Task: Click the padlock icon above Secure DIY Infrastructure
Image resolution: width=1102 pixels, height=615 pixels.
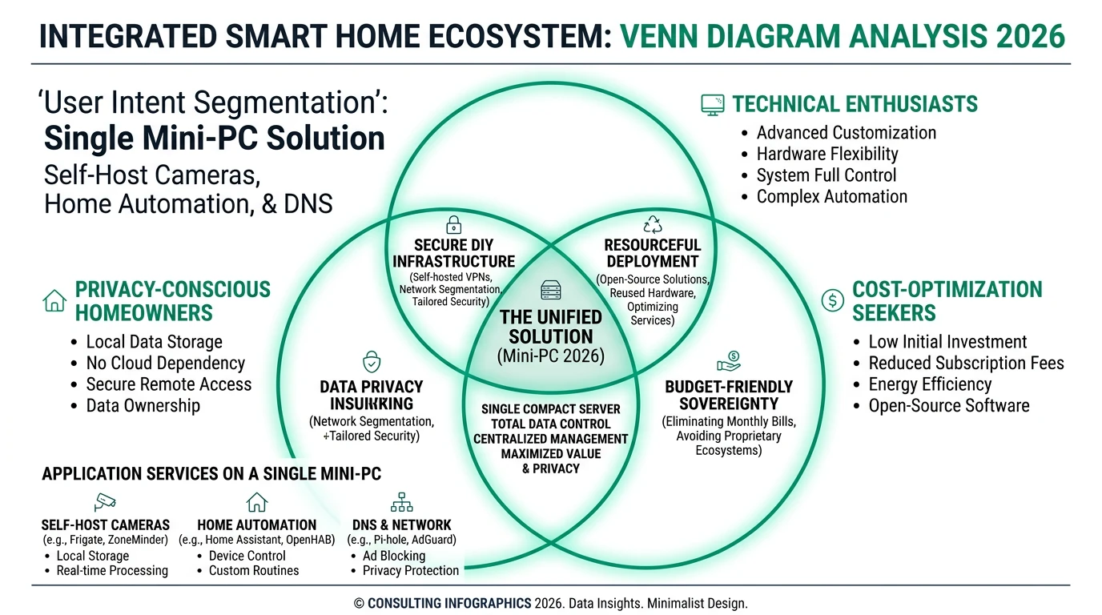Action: coord(453,224)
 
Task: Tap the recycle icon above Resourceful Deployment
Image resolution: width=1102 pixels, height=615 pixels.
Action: coord(653,224)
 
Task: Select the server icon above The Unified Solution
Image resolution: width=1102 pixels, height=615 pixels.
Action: coord(551,290)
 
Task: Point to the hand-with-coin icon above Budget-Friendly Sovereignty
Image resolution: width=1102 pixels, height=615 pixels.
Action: coord(729,362)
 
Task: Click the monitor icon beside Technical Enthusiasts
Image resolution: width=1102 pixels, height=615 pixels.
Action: coord(712,104)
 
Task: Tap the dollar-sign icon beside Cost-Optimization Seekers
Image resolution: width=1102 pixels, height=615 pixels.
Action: coord(833,300)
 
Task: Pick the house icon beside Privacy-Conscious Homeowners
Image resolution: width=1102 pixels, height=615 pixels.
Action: coord(54,300)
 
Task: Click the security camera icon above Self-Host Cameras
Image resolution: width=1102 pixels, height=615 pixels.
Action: coord(105,502)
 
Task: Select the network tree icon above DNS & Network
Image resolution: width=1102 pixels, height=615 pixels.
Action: coord(401,502)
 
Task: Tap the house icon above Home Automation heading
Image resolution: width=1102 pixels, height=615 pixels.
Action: coord(257,502)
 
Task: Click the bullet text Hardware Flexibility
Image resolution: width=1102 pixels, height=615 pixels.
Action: coord(827,154)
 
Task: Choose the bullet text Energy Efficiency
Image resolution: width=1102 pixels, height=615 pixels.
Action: coord(930,384)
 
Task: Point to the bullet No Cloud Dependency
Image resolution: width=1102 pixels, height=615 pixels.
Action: coord(165,364)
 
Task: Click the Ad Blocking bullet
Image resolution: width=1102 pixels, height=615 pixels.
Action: coord(394,556)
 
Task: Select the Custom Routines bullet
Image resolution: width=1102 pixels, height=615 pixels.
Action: coord(253,571)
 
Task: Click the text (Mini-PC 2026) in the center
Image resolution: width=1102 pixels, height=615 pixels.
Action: coord(551,356)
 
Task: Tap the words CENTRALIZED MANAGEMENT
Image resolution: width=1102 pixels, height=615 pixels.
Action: coord(551,439)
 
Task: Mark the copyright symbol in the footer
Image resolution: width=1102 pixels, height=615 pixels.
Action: coord(359,604)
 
